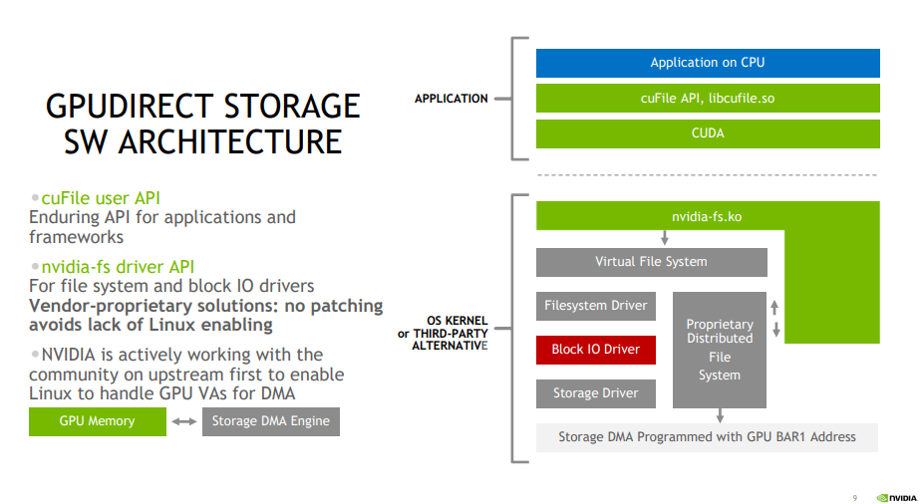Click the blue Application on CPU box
pyautogui.click(x=708, y=63)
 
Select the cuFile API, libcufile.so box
pyautogui.click(x=708, y=98)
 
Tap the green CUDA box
pyautogui.click(x=708, y=133)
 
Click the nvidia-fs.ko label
pyautogui.click(x=706, y=216)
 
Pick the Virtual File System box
pyautogui.click(x=651, y=262)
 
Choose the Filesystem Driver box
pyautogui.click(x=596, y=306)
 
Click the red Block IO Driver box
pyautogui.click(x=596, y=350)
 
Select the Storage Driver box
pyautogui.click(x=596, y=393)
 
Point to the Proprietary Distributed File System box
pyautogui.click(x=720, y=350)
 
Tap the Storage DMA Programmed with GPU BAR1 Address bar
pyautogui.click(x=708, y=437)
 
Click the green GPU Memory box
pyautogui.click(x=97, y=421)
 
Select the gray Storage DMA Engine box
pyautogui.click(x=270, y=421)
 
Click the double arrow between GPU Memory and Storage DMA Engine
pyautogui.click(x=184, y=421)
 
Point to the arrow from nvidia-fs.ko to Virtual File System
pyautogui.click(x=665, y=238)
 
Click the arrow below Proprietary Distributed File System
pyautogui.click(x=720, y=415)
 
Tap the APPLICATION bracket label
pyautogui.click(x=451, y=99)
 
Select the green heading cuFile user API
pyautogui.click(x=101, y=198)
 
